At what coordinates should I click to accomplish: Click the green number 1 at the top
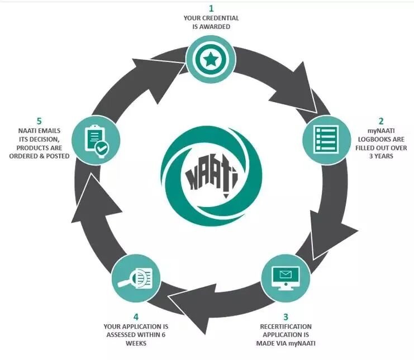(212, 8)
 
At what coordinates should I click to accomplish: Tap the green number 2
(382, 121)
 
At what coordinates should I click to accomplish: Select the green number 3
(286, 316)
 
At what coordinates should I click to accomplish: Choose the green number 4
(136, 316)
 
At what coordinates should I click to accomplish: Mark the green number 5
(39, 121)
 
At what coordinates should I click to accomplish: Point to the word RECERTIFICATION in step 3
(285, 326)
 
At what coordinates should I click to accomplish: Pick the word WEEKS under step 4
(136, 343)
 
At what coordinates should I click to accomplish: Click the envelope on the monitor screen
(285, 274)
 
